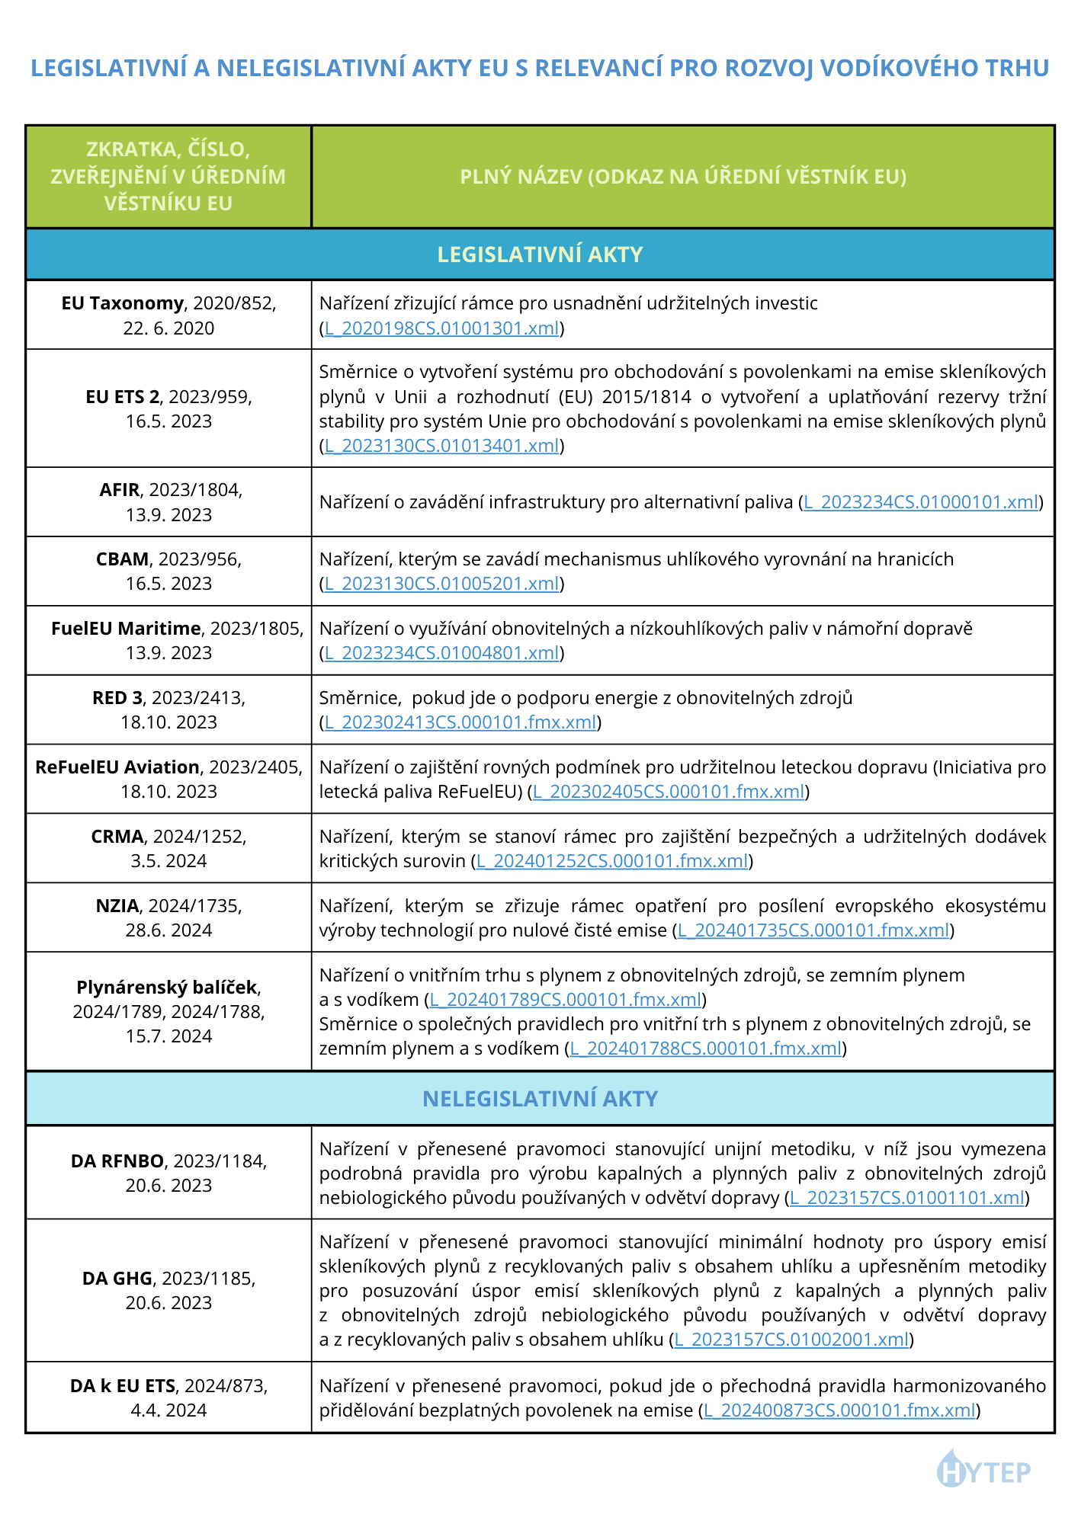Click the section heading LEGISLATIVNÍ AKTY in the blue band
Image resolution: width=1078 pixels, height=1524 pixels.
(540, 255)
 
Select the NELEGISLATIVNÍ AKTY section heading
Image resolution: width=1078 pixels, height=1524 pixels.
(540, 1099)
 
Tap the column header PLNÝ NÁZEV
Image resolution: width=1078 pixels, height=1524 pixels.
(683, 177)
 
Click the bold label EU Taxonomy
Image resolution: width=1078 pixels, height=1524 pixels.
(122, 303)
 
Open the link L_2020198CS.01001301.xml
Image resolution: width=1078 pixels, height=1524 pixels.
(442, 328)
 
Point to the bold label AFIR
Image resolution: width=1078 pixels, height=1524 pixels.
(120, 490)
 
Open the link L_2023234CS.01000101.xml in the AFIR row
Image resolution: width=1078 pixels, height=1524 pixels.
(921, 502)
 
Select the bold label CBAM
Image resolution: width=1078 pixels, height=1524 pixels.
(122, 559)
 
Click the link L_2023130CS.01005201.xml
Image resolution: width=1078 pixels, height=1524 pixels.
(442, 584)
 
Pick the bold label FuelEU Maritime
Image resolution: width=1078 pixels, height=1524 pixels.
(126, 629)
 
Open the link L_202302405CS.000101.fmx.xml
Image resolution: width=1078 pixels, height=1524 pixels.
(669, 792)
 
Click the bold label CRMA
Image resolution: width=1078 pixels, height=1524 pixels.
(117, 837)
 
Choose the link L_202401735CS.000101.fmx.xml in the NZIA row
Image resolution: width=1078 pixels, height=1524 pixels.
(814, 930)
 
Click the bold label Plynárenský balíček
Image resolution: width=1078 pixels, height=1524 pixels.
(167, 988)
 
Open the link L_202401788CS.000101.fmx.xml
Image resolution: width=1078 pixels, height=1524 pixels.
(706, 1049)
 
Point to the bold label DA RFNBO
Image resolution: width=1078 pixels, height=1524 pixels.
(117, 1161)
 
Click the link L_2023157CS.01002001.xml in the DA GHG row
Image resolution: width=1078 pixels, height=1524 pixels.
(791, 1340)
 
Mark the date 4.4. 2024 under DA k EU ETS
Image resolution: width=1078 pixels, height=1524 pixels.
(168, 1410)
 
